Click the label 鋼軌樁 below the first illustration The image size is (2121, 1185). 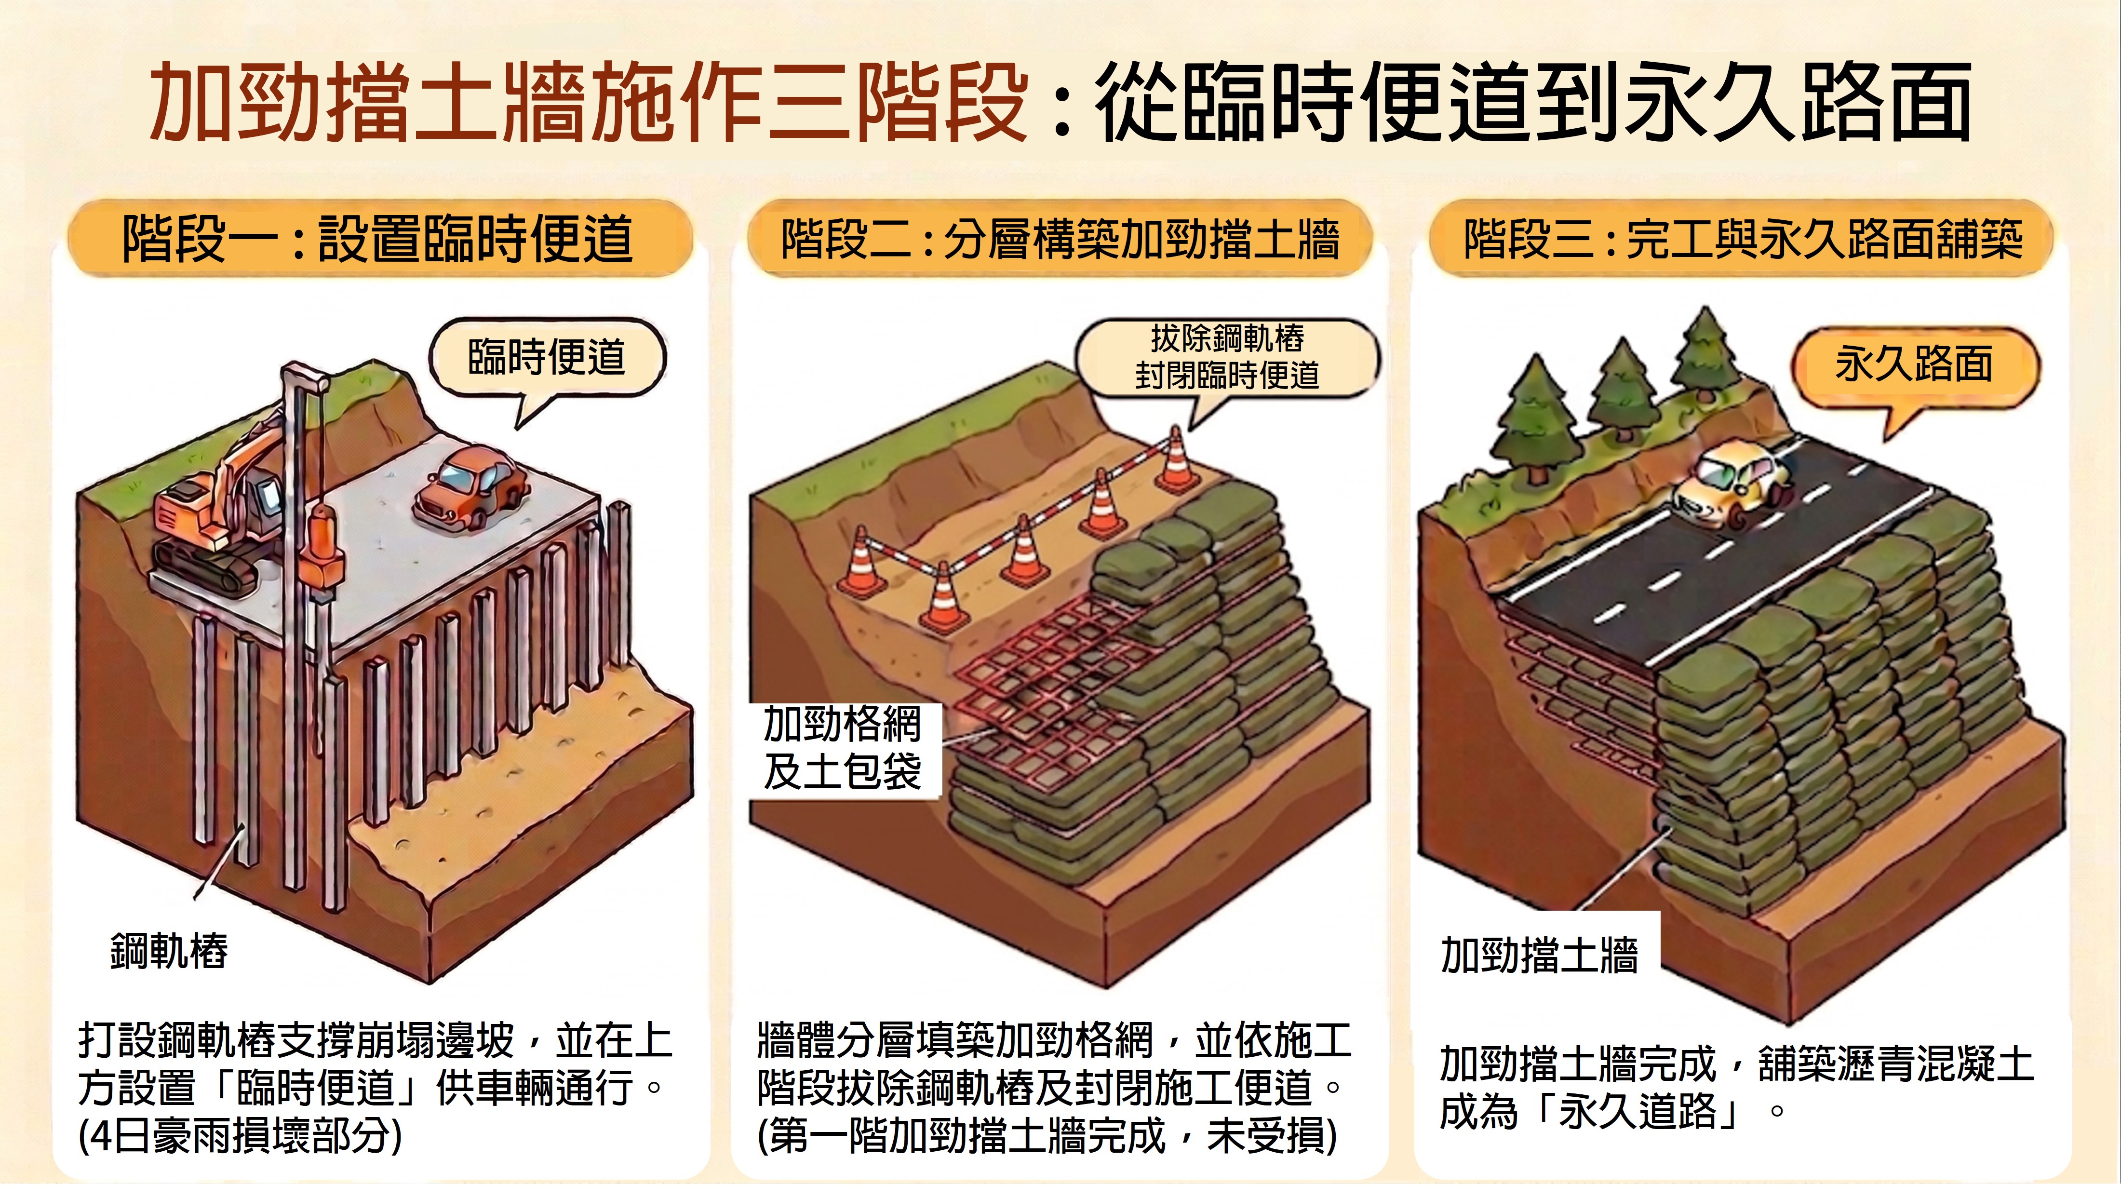click(x=169, y=951)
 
